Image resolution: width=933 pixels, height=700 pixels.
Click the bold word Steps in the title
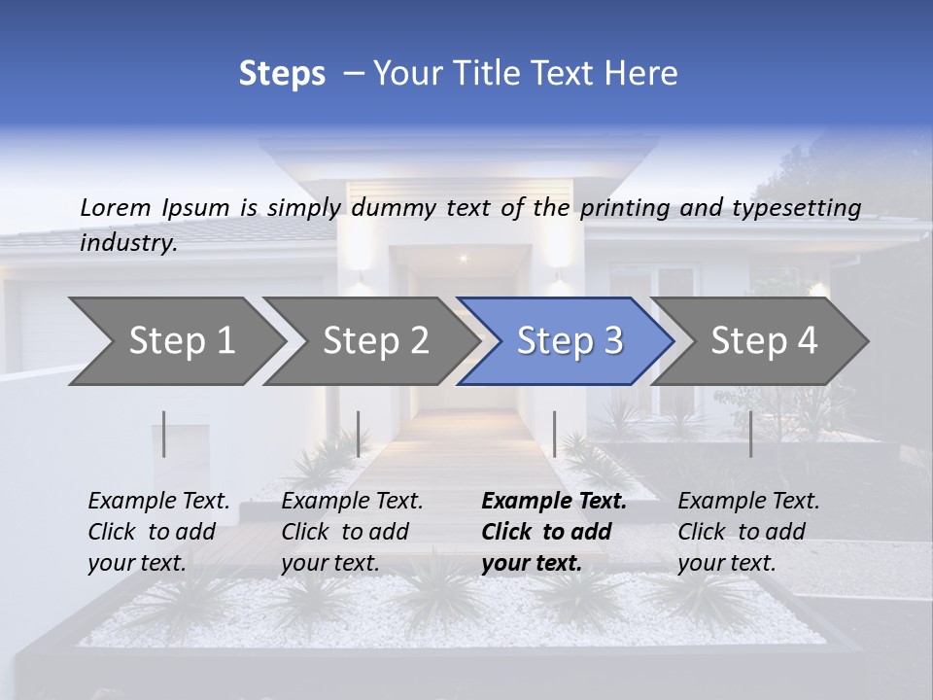[x=282, y=74]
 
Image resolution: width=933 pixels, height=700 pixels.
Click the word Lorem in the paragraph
[x=116, y=207]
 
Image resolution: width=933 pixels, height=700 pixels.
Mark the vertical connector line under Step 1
[x=164, y=434]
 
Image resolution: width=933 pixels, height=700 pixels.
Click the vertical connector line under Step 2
[x=359, y=434]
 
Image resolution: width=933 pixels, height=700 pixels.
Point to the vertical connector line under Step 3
[x=555, y=434]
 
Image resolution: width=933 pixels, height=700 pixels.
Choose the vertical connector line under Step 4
[x=751, y=434]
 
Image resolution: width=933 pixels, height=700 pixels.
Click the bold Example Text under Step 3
[x=554, y=502]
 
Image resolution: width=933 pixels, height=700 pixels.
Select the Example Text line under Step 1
[x=158, y=502]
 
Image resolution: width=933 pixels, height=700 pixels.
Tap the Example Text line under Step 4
[x=748, y=502]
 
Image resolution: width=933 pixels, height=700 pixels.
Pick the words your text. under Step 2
[x=330, y=563]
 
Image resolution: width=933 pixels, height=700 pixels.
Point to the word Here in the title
[x=645, y=74]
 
